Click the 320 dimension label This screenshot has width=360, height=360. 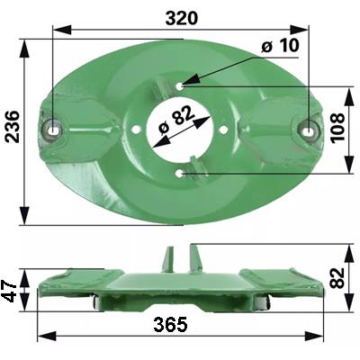(x=182, y=18)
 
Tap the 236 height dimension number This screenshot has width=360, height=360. (x=13, y=126)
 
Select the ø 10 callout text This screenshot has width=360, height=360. (x=280, y=46)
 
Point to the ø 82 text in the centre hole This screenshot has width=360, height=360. (x=177, y=121)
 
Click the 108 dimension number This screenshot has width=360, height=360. (x=337, y=127)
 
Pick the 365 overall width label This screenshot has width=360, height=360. (x=170, y=325)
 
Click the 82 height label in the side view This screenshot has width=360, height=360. (x=337, y=278)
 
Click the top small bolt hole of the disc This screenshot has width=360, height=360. (x=180, y=86)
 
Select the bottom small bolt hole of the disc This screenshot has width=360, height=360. (x=180, y=173)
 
